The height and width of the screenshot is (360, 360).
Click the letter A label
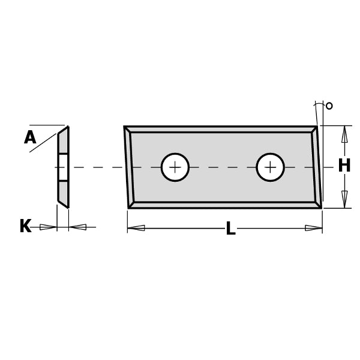pyautogui.click(x=30, y=138)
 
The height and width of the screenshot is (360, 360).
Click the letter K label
pyautogui.click(x=25, y=227)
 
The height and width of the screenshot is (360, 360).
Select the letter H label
pyautogui.click(x=344, y=166)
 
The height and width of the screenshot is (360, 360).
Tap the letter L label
pyautogui.click(x=230, y=229)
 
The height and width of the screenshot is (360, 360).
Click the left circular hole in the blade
pyautogui.click(x=175, y=167)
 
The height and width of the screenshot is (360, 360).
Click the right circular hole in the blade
pyautogui.click(x=270, y=167)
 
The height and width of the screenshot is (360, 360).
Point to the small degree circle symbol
pyautogui.click(x=329, y=106)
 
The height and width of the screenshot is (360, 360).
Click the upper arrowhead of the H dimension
pyautogui.click(x=344, y=134)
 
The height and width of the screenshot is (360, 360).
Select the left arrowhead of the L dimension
pyautogui.click(x=136, y=228)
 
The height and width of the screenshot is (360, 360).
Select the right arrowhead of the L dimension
pyautogui.click(x=313, y=228)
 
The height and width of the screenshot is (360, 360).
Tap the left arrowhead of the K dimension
pyautogui.click(x=48, y=227)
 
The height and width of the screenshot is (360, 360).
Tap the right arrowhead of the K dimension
pyautogui.click(x=78, y=227)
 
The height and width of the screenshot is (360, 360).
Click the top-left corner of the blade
pyautogui.click(x=125, y=127)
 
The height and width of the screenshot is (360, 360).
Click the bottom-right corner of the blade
pyautogui.click(x=320, y=207)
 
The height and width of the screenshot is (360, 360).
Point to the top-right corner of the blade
pyautogui.click(x=316, y=127)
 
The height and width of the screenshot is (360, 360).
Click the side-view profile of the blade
pyautogui.click(x=63, y=167)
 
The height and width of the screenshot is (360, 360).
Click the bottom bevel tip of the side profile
pyautogui.click(x=67, y=206)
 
